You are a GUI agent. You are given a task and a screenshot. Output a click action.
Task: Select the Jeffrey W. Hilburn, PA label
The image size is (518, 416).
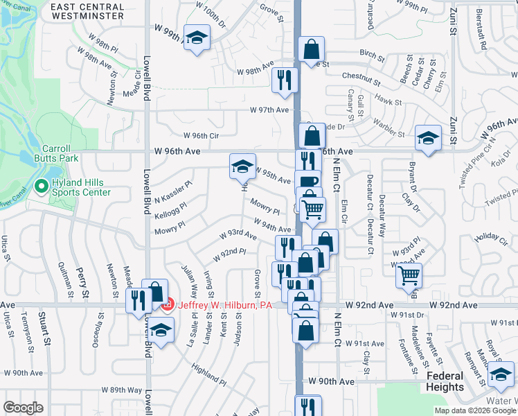point(224,305)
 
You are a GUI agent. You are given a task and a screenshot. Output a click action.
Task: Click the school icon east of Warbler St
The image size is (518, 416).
point(429,138)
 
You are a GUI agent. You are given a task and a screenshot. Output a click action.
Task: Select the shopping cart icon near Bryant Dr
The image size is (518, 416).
point(409,275)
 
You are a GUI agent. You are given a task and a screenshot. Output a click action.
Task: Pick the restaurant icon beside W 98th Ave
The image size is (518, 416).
point(285,79)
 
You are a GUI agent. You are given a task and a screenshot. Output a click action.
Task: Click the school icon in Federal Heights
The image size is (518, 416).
point(501,376)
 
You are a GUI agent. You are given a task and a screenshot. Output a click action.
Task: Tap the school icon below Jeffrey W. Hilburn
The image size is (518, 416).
point(161,331)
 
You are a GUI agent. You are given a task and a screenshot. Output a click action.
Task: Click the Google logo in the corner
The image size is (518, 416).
point(23,408)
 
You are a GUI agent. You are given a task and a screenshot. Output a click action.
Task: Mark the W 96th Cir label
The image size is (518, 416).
point(201,136)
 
